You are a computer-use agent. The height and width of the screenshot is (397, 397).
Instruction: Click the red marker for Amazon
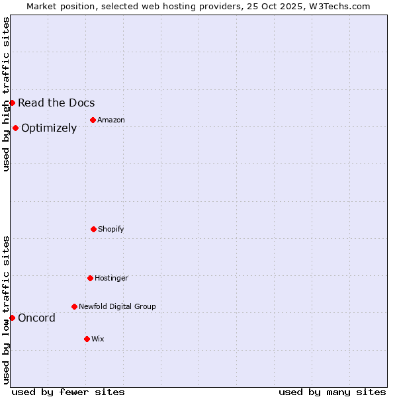pyautogui.click(x=93, y=120)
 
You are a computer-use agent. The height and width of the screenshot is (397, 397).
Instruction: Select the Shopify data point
pyautogui.click(x=93, y=229)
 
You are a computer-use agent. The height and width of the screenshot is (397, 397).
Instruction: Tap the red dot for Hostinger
pyautogui.click(x=90, y=278)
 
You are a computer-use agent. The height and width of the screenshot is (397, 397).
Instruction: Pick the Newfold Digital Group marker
pyautogui.click(x=74, y=306)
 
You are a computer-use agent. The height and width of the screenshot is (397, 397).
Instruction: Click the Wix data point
pyautogui.click(x=87, y=339)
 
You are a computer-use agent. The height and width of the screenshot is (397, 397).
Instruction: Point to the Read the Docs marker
pyautogui.click(x=12, y=103)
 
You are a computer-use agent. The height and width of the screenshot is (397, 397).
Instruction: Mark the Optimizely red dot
pyautogui.click(x=15, y=128)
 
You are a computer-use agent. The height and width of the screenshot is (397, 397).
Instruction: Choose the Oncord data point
pyautogui.click(x=12, y=318)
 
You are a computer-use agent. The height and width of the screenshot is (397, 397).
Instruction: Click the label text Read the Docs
pyautogui.click(x=56, y=103)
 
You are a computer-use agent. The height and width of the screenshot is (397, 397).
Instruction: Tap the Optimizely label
pyautogui.click(x=49, y=128)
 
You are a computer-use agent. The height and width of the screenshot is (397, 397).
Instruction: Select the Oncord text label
pyautogui.click(x=36, y=318)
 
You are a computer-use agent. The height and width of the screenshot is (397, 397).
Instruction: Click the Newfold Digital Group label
pyautogui.click(x=117, y=306)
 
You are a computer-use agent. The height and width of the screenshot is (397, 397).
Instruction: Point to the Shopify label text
pyautogui.click(x=110, y=229)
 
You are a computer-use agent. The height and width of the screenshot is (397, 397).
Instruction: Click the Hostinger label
pyautogui.click(x=111, y=278)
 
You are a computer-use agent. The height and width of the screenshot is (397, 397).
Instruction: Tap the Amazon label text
pyautogui.click(x=110, y=120)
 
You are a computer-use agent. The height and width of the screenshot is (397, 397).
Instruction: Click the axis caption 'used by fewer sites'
pyautogui.click(x=68, y=392)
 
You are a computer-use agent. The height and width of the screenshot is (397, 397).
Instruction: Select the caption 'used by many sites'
pyautogui.click(x=332, y=392)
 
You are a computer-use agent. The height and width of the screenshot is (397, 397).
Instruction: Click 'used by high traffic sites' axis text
pyautogui.click(x=6, y=93)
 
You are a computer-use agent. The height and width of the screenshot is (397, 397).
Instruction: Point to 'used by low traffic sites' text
pyautogui.click(x=6, y=310)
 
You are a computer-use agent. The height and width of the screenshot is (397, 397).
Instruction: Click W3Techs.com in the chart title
pyautogui.click(x=337, y=6)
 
